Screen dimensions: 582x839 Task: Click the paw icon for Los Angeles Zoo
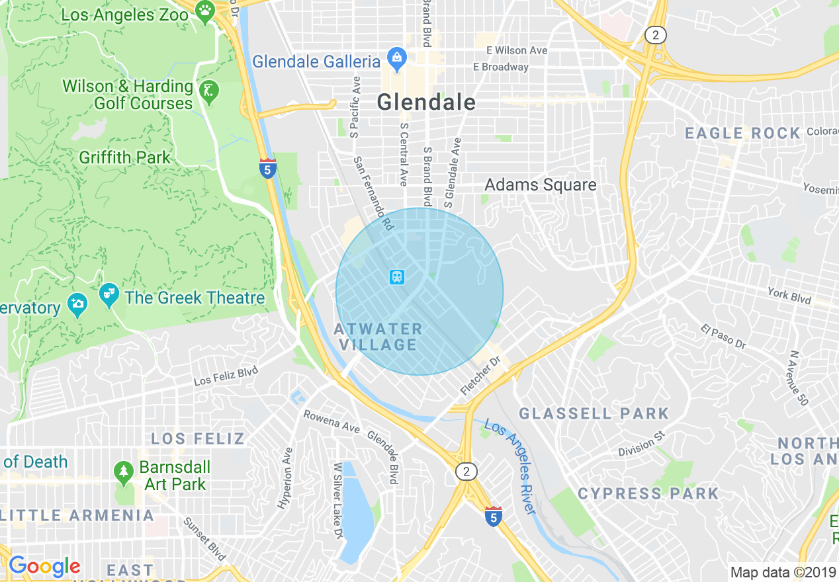[x=206, y=11]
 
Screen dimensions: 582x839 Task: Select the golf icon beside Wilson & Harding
[x=209, y=91]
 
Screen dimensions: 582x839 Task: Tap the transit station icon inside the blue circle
[x=397, y=276]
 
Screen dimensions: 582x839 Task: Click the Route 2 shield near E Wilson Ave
[x=655, y=36]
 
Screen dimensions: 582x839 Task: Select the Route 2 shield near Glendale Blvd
[x=466, y=472]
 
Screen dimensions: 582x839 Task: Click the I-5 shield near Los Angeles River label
[x=493, y=517]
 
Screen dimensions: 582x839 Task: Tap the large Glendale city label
[x=425, y=102]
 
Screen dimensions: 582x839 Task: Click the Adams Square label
[x=540, y=185]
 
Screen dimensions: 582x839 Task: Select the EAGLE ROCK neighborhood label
[x=742, y=134]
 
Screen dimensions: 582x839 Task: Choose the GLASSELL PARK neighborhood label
[x=594, y=414]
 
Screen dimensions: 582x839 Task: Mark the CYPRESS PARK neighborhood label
[x=648, y=493]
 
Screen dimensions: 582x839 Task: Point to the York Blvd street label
[x=789, y=294]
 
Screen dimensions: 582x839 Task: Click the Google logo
[x=44, y=566]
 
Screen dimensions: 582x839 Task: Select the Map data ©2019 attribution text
[x=781, y=572]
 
